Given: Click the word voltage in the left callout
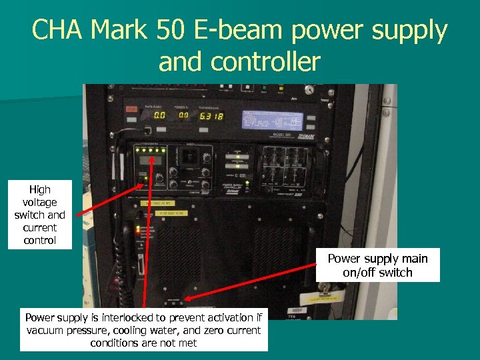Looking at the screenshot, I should pyautogui.click(x=40, y=202).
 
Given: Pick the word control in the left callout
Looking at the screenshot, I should pyautogui.click(x=40, y=240).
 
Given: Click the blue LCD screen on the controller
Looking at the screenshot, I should pyautogui.click(x=273, y=120).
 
